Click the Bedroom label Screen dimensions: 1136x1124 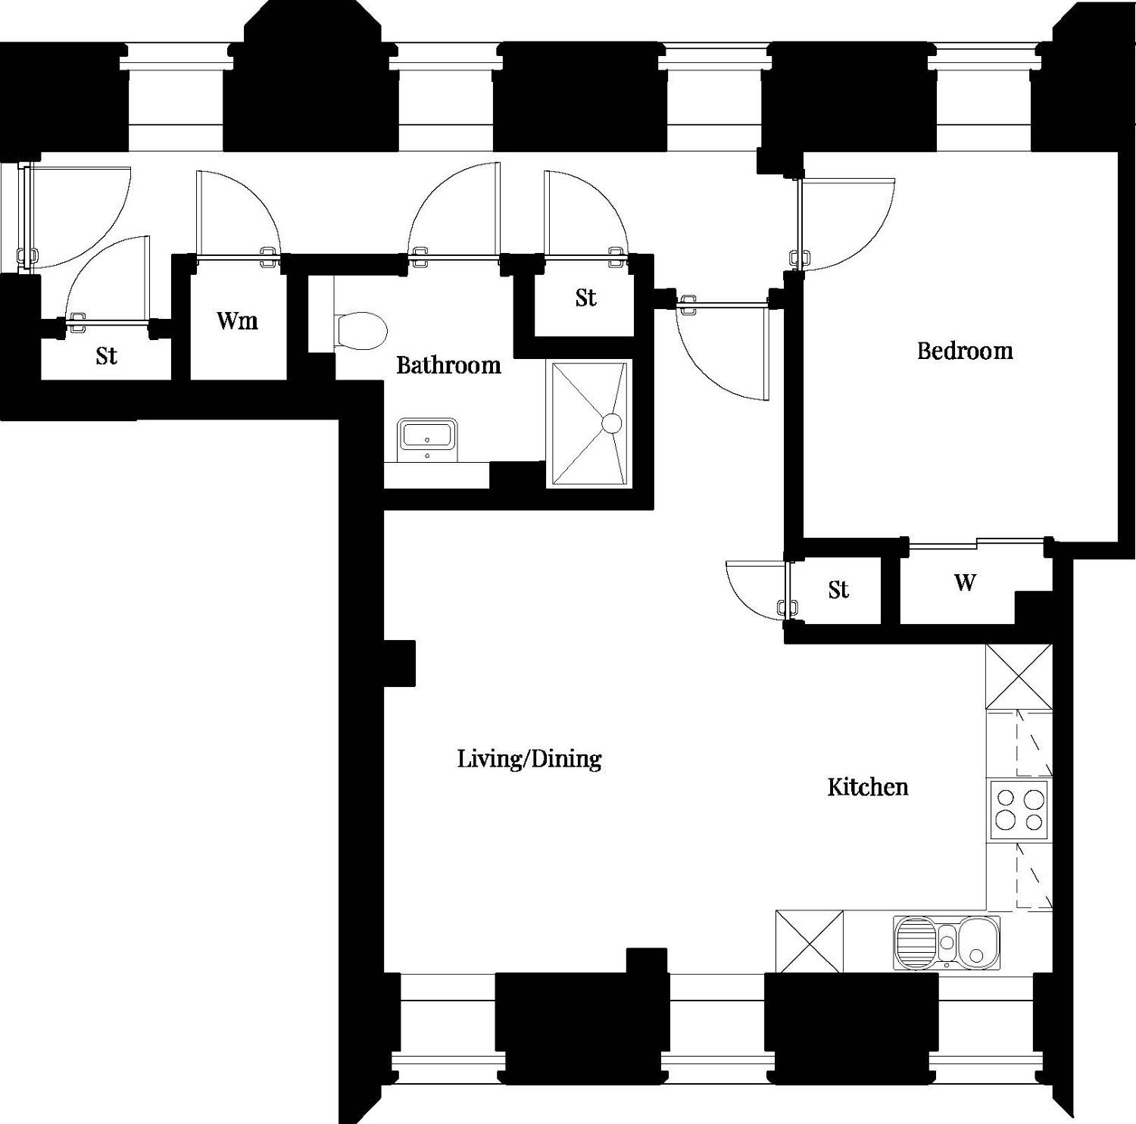pyautogui.click(x=965, y=351)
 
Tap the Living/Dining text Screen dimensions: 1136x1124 pyautogui.click(x=529, y=758)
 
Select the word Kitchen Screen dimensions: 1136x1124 pyautogui.click(x=867, y=787)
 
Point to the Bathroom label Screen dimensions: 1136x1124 pyautogui.click(x=448, y=365)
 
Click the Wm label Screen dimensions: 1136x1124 pyautogui.click(x=237, y=320)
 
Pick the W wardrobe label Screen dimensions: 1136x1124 pyautogui.click(x=965, y=582)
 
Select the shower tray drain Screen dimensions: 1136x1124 pyautogui.click(x=611, y=422)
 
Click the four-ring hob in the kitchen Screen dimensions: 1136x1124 pyautogui.click(x=1019, y=810)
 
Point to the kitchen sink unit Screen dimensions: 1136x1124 pyautogui.click(x=946, y=943)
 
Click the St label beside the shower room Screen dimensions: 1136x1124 pyautogui.click(x=585, y=298)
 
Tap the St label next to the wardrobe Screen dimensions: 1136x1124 pyautogui.click(x=838, y=589)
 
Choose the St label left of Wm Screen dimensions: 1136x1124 pyautogui.click(x=106, y=355)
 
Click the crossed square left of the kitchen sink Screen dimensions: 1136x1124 pyautogui.click(x=810, y=941)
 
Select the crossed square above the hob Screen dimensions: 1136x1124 pyautogui.click(x=1019, y=676)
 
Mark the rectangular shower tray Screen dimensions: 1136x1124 pyautogui.click(x=589, y=424)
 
